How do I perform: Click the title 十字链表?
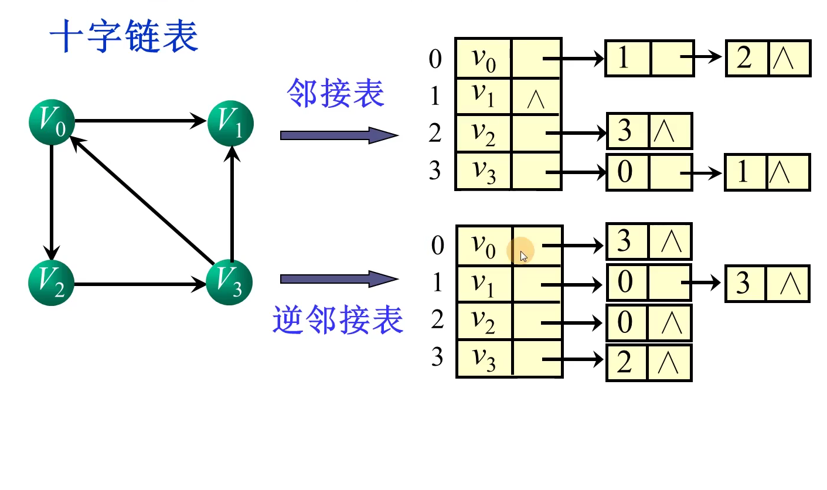(124, 36)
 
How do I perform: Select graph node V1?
(231, 122)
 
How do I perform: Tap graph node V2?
(52, 284)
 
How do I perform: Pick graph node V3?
(230, 283)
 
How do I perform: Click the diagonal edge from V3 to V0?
(141, 199)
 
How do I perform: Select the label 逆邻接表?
(338, 320)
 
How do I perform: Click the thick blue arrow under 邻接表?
(339, 135)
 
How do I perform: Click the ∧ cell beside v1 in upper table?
(536, 97)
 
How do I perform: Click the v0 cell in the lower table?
(484, 246)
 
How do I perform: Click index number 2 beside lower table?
(437, 320)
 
